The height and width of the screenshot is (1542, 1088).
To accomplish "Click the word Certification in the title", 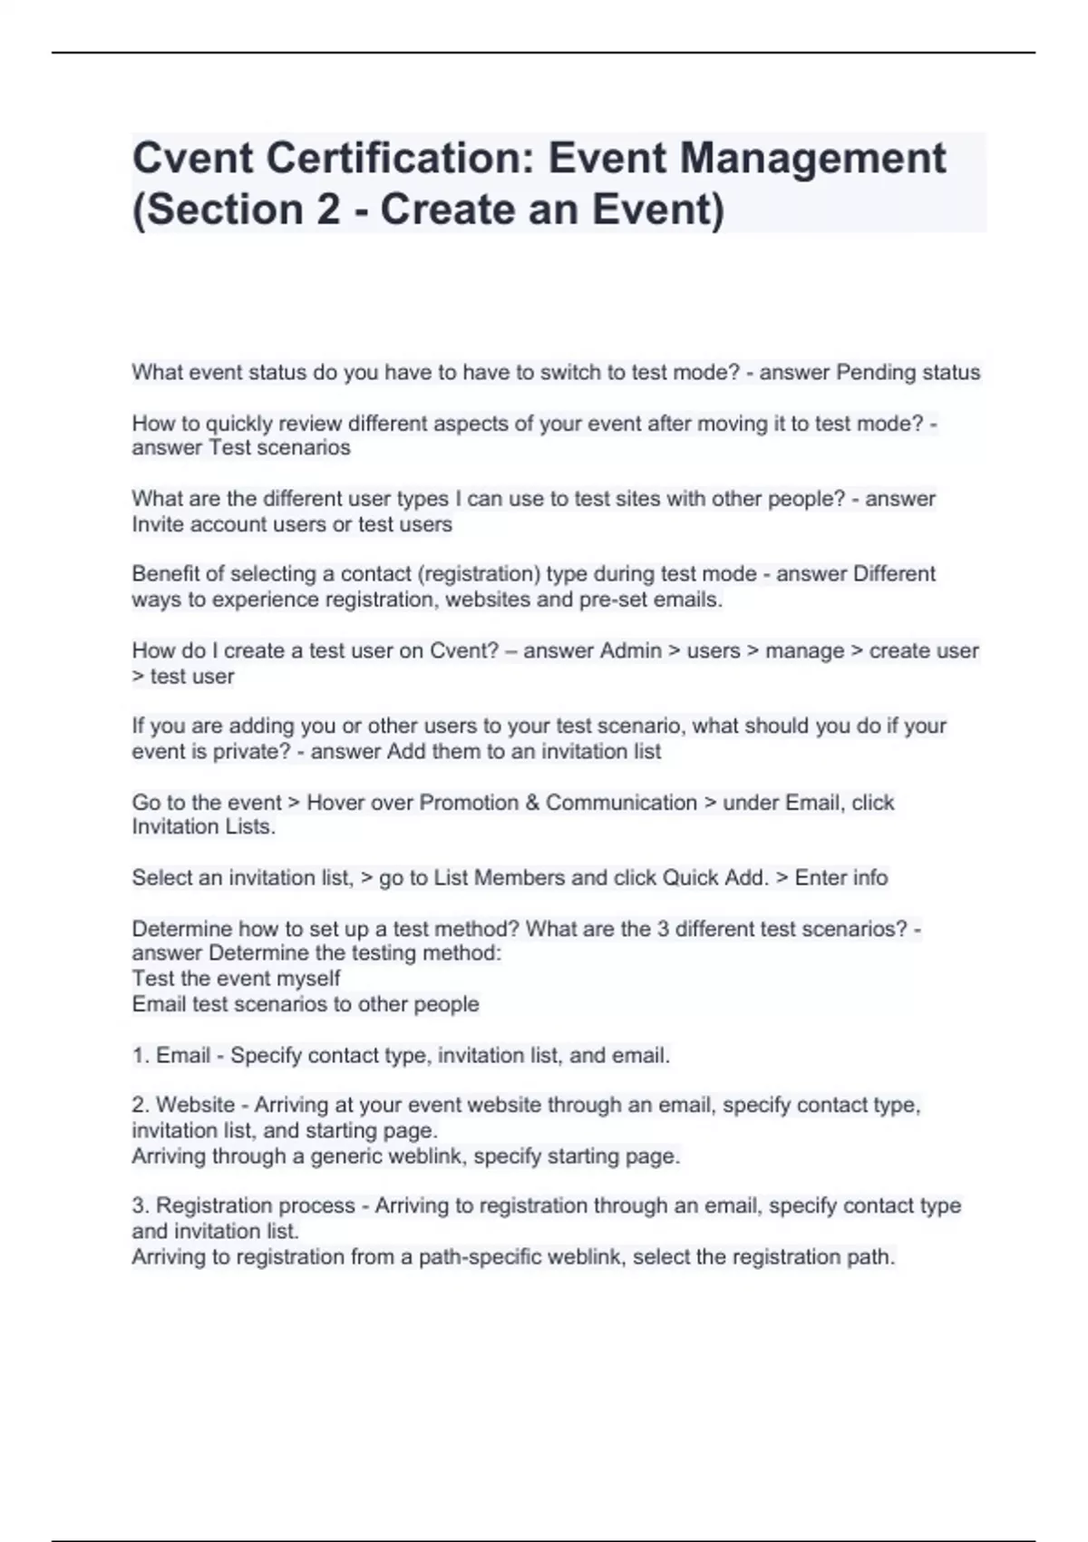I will tap(393, 159).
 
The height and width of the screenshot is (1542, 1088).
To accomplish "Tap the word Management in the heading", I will tap(812, 159).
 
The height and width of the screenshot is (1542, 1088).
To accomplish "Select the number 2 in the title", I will tap(328, 210).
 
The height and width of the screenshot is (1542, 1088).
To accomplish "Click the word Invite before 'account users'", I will tap(160, 524).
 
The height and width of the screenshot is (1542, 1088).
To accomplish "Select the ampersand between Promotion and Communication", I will tap(531, 803).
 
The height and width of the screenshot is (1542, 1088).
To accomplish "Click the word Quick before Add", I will tap(691, 878).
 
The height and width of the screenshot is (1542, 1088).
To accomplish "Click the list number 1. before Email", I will tap(141, 1056).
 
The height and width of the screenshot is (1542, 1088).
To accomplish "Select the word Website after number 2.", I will tap(195, 1106).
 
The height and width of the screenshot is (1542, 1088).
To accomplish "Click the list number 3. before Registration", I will tap(141, 1206).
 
